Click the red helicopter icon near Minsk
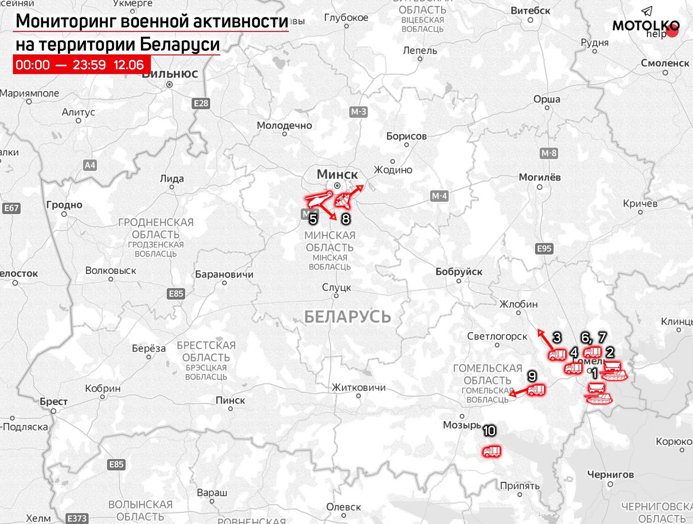click(x=317, y=199)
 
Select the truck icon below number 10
click(x=492, y=451)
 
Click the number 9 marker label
click(x=532, y=376)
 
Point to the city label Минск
click(x=337, y=174)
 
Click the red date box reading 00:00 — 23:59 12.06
click(x=81, y=65)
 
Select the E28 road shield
click(x=201, y=103)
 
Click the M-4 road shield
click(x=439, y=196)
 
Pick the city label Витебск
click(x=530, y=11)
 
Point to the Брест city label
click(x=53, y=402)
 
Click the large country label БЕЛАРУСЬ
click(x=347, y=317)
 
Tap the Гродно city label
click(x=64, y=205)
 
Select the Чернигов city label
click(x=610, y=474)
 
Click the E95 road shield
click(x=544, y=248)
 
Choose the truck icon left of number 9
click(x=536, y=390)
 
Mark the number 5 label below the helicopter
click(x=313, y=219)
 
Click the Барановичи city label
click(x=224, y=274)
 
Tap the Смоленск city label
click(x=665, y=63)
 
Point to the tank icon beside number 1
click(x=614, y=375)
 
